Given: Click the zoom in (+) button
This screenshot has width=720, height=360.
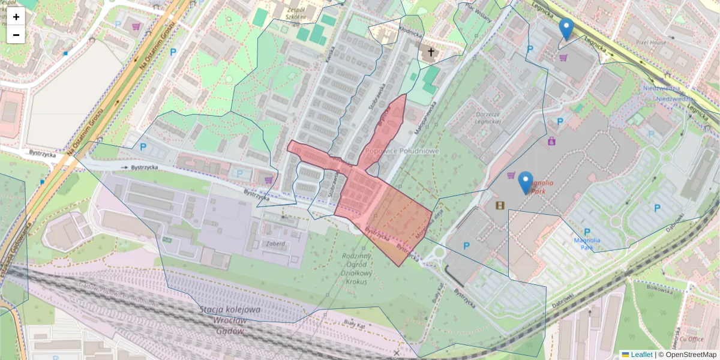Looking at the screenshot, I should [x=16, y=17].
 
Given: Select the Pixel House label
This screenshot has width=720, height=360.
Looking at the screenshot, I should [x=651, y=43].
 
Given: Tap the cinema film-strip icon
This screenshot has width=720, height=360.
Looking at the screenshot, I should [x=500, y=206].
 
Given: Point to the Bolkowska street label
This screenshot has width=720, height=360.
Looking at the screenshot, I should [x=660, y=289].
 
